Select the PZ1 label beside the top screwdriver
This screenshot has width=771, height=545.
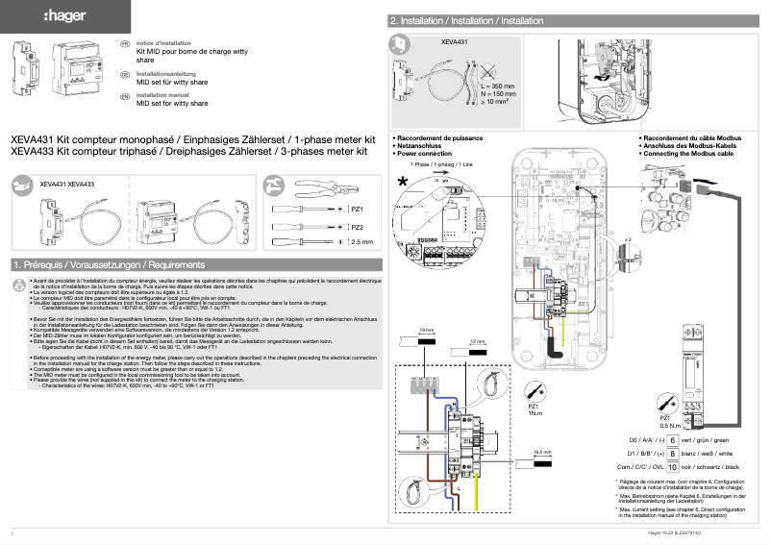[358, 209]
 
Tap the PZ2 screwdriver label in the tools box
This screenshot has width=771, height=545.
[358, 227]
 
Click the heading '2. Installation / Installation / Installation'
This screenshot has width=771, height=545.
[467, 20]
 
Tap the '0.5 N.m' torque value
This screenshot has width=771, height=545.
[670, 425]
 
